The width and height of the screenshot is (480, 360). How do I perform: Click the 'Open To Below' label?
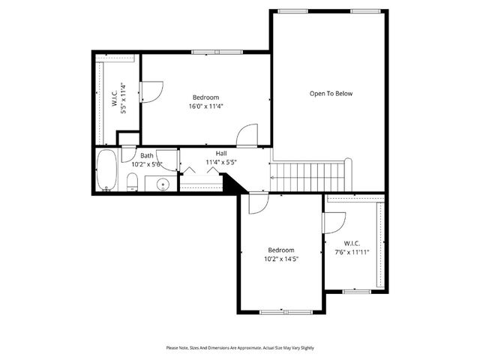(331, 94)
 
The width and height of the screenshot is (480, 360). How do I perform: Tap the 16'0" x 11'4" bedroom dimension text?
(205, 106)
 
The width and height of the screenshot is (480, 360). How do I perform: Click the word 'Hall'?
(222, 154)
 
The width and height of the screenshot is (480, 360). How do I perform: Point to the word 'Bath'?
(147, 156)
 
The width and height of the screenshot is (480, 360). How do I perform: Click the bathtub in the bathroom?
(107, 170)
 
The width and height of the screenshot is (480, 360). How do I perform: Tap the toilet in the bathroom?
(132, 182)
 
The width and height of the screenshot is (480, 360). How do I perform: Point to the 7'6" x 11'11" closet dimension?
(352, 253)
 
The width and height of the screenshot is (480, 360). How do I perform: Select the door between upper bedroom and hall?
(247, 136)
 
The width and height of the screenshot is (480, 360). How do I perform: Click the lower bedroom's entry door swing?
(257, 203)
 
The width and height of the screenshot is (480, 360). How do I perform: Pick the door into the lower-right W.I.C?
(334, 222)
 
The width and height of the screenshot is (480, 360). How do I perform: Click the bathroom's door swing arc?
(170, 160)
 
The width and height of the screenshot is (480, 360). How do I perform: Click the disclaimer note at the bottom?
(240, 348)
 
